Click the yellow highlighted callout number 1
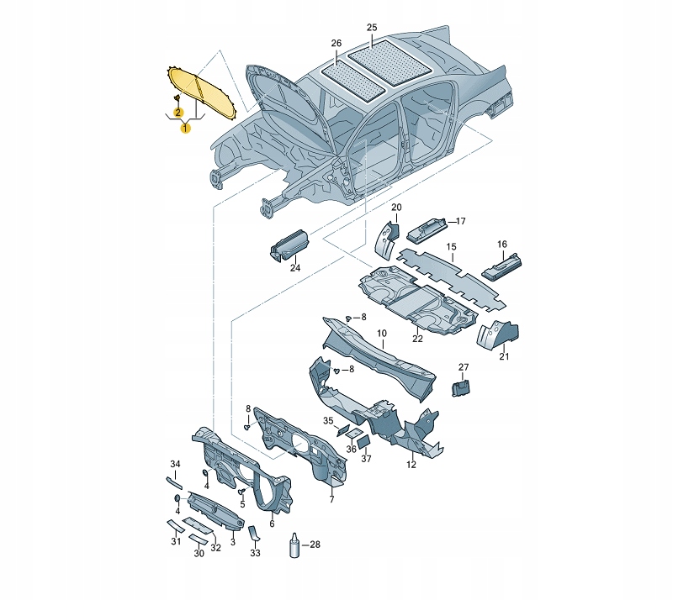[185, 128]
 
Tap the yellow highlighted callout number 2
[178, 113]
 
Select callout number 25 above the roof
[372, 28]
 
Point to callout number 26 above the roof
[336, 43]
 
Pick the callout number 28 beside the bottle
[315, 545]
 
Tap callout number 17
[460, 221]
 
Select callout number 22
[417, 339]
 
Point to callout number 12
[411, 465]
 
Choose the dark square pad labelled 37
[363, 440]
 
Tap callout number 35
[328, 421]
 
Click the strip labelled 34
[174, 483]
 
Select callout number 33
[255, 553]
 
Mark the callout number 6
[272, 524]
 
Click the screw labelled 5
[241, 490]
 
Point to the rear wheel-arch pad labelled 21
[498, 334]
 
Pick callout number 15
[451, 247]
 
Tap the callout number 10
[382, 334]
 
